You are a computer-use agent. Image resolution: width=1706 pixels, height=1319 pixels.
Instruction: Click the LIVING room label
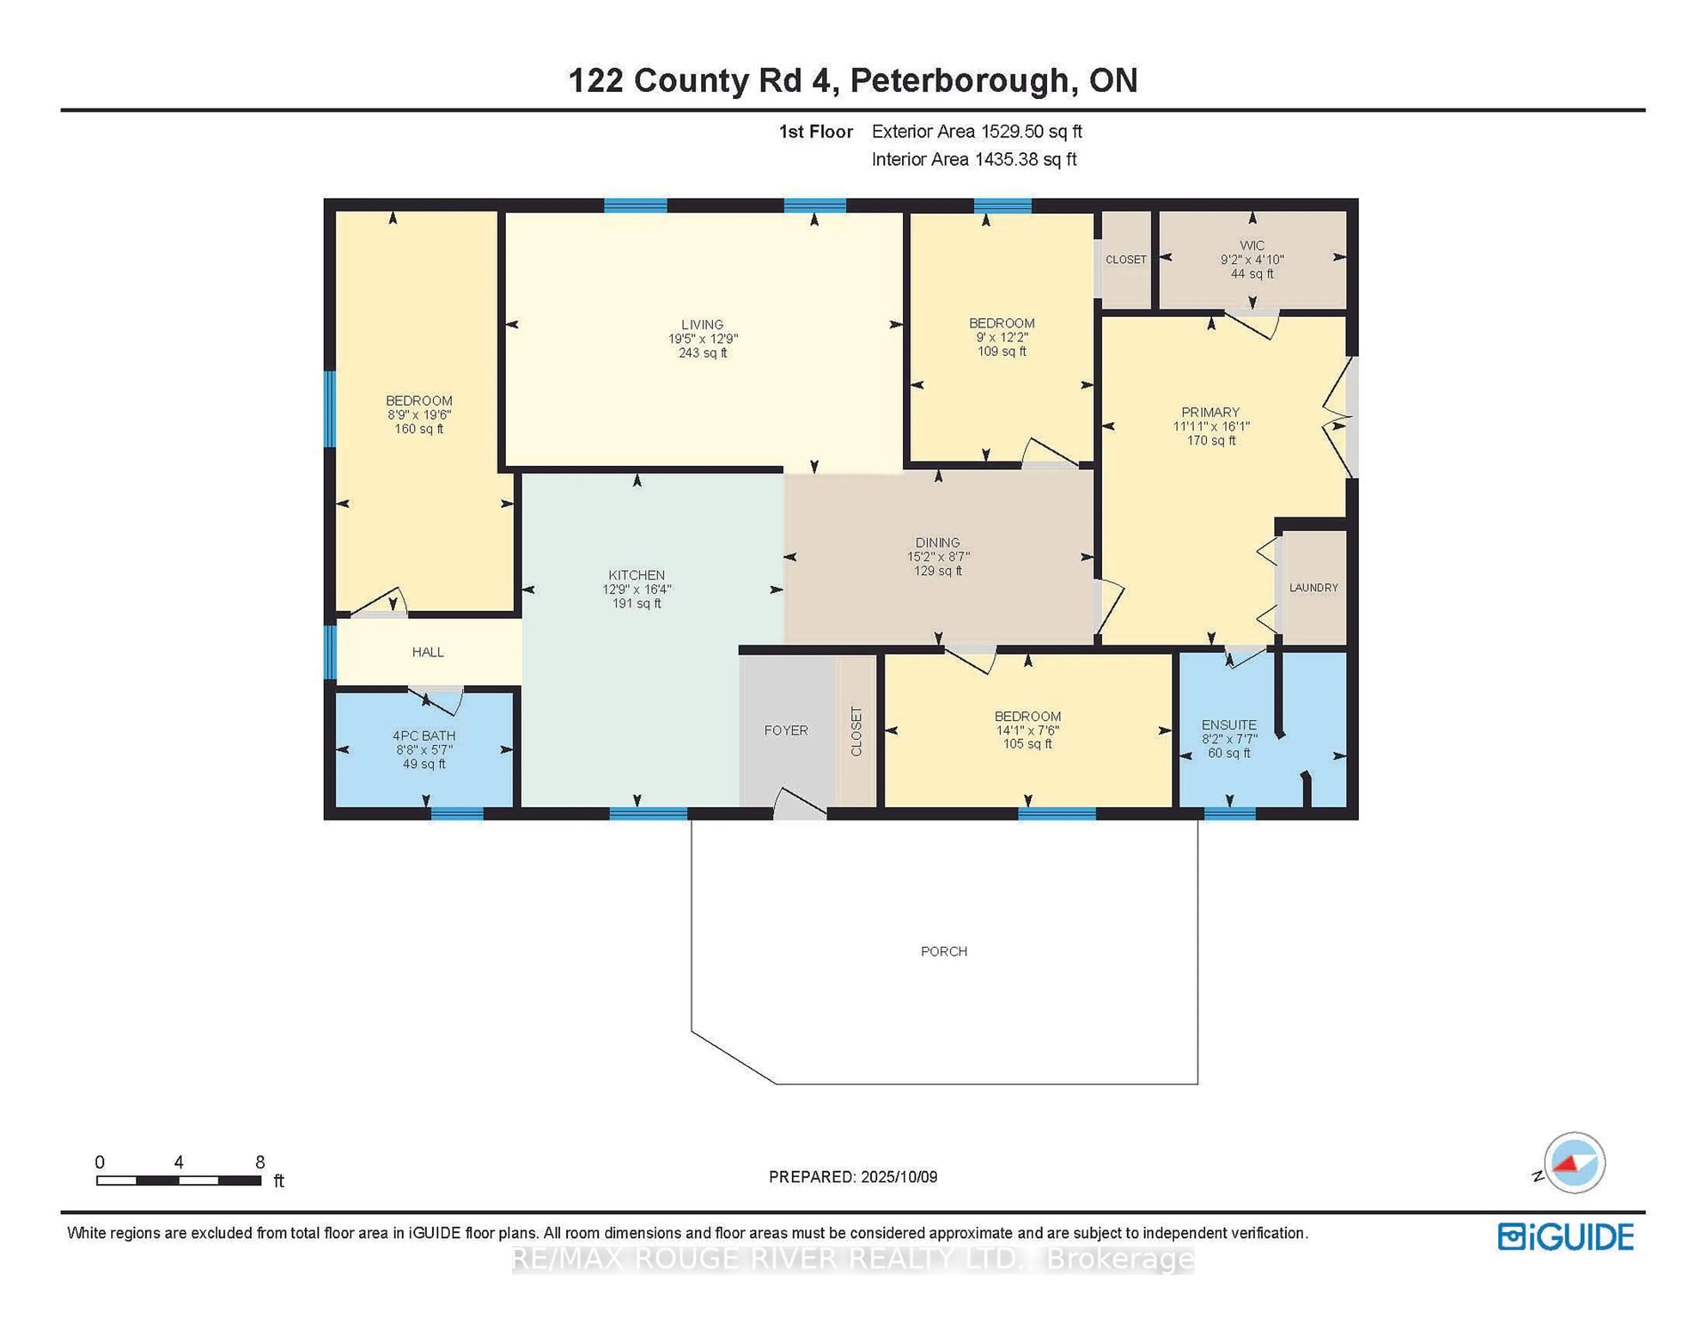tap(702, 324)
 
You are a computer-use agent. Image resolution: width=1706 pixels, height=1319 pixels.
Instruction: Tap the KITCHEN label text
tap(637, 575)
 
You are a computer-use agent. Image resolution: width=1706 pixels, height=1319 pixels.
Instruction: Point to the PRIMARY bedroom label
tap(1210, 412)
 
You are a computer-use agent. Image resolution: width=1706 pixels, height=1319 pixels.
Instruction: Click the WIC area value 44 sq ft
tap(1252, 273)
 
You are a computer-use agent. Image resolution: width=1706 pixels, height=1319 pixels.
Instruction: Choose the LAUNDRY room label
tap(1313, 588)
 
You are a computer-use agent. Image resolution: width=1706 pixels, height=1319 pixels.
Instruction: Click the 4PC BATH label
tap(423, 735)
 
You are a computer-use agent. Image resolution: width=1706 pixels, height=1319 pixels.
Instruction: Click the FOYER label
tap(786, 730)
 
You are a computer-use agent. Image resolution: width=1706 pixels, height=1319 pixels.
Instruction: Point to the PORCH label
tap(944, 951)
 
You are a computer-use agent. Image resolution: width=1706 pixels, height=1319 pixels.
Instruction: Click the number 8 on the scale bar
tap(260, 1162)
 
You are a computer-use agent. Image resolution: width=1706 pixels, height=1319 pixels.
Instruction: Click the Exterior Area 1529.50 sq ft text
tap(977, 131)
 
